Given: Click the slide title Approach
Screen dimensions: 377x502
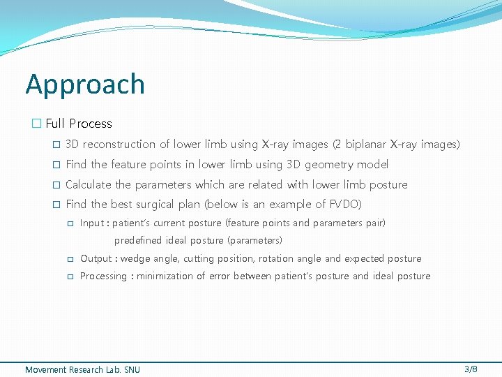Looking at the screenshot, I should (x=85, y=84).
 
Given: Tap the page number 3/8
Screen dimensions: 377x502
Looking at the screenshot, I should (x=471, y=369).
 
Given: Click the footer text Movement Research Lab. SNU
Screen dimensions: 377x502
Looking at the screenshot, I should (x=82, y=369).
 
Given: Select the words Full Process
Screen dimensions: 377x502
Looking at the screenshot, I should (x=79, y=124).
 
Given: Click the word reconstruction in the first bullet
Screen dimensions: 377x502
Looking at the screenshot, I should (x=130, y=145).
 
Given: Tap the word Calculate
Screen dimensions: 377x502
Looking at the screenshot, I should (x=88, y=185).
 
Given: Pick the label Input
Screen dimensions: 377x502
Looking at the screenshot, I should (x=92, y=223).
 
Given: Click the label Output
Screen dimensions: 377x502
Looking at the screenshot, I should (x=96, y=258).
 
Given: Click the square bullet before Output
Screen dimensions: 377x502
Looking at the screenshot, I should (x=70, y=259).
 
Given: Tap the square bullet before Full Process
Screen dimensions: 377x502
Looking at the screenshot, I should (x=36, y=124).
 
